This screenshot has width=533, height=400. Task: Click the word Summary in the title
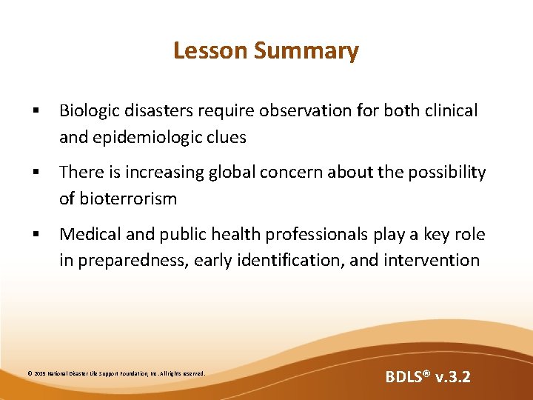point(306,50)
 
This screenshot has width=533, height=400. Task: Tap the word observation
point(322,111)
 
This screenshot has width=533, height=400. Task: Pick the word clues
point(224,137)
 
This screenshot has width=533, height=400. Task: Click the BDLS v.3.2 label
point(427,377)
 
